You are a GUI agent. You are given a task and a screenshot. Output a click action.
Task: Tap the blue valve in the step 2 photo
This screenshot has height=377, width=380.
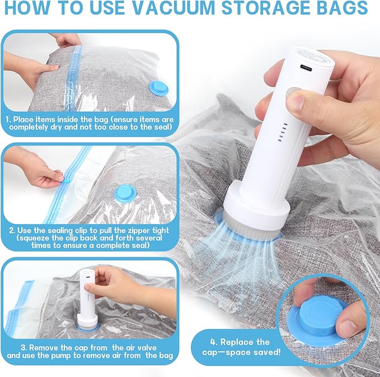pyautogui.click(x=125, y=193)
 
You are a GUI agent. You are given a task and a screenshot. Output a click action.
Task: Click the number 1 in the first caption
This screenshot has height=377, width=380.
pyautogui.click(x=8, y=119)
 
